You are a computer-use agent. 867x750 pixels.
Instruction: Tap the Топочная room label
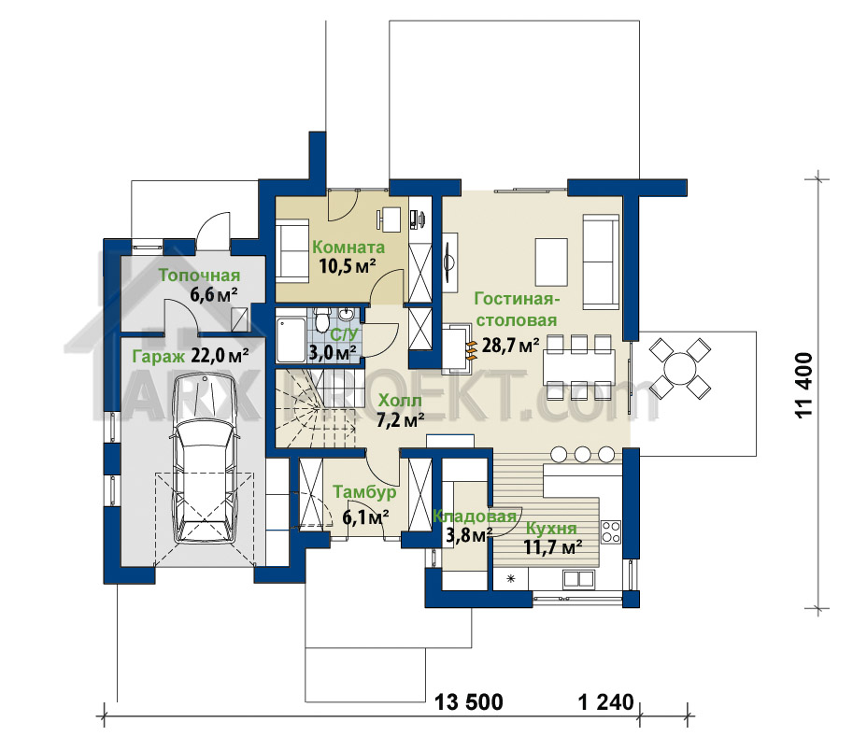(200, 276)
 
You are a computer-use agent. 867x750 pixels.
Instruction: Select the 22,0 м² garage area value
(220, 355)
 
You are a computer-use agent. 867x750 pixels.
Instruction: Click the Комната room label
(348, 248)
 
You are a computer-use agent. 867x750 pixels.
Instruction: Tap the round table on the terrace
(681, 368)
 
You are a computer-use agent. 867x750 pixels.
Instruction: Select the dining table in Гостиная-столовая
(579, 367)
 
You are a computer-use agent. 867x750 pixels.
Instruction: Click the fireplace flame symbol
(471, 350)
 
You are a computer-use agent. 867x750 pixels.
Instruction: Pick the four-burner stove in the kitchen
(611, 531)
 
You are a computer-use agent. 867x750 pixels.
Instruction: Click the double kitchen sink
(578, 579)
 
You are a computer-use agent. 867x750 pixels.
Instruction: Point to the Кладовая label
(474, 517)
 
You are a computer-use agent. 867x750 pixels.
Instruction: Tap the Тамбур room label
(364, 492)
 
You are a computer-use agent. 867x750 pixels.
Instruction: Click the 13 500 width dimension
(469, 702)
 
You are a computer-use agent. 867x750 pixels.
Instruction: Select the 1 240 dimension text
(605, 702)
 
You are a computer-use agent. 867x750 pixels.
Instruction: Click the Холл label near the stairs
(400, 400)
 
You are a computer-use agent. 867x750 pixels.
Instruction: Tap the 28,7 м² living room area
(510, 346)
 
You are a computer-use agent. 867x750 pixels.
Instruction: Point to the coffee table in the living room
(551, 262)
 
